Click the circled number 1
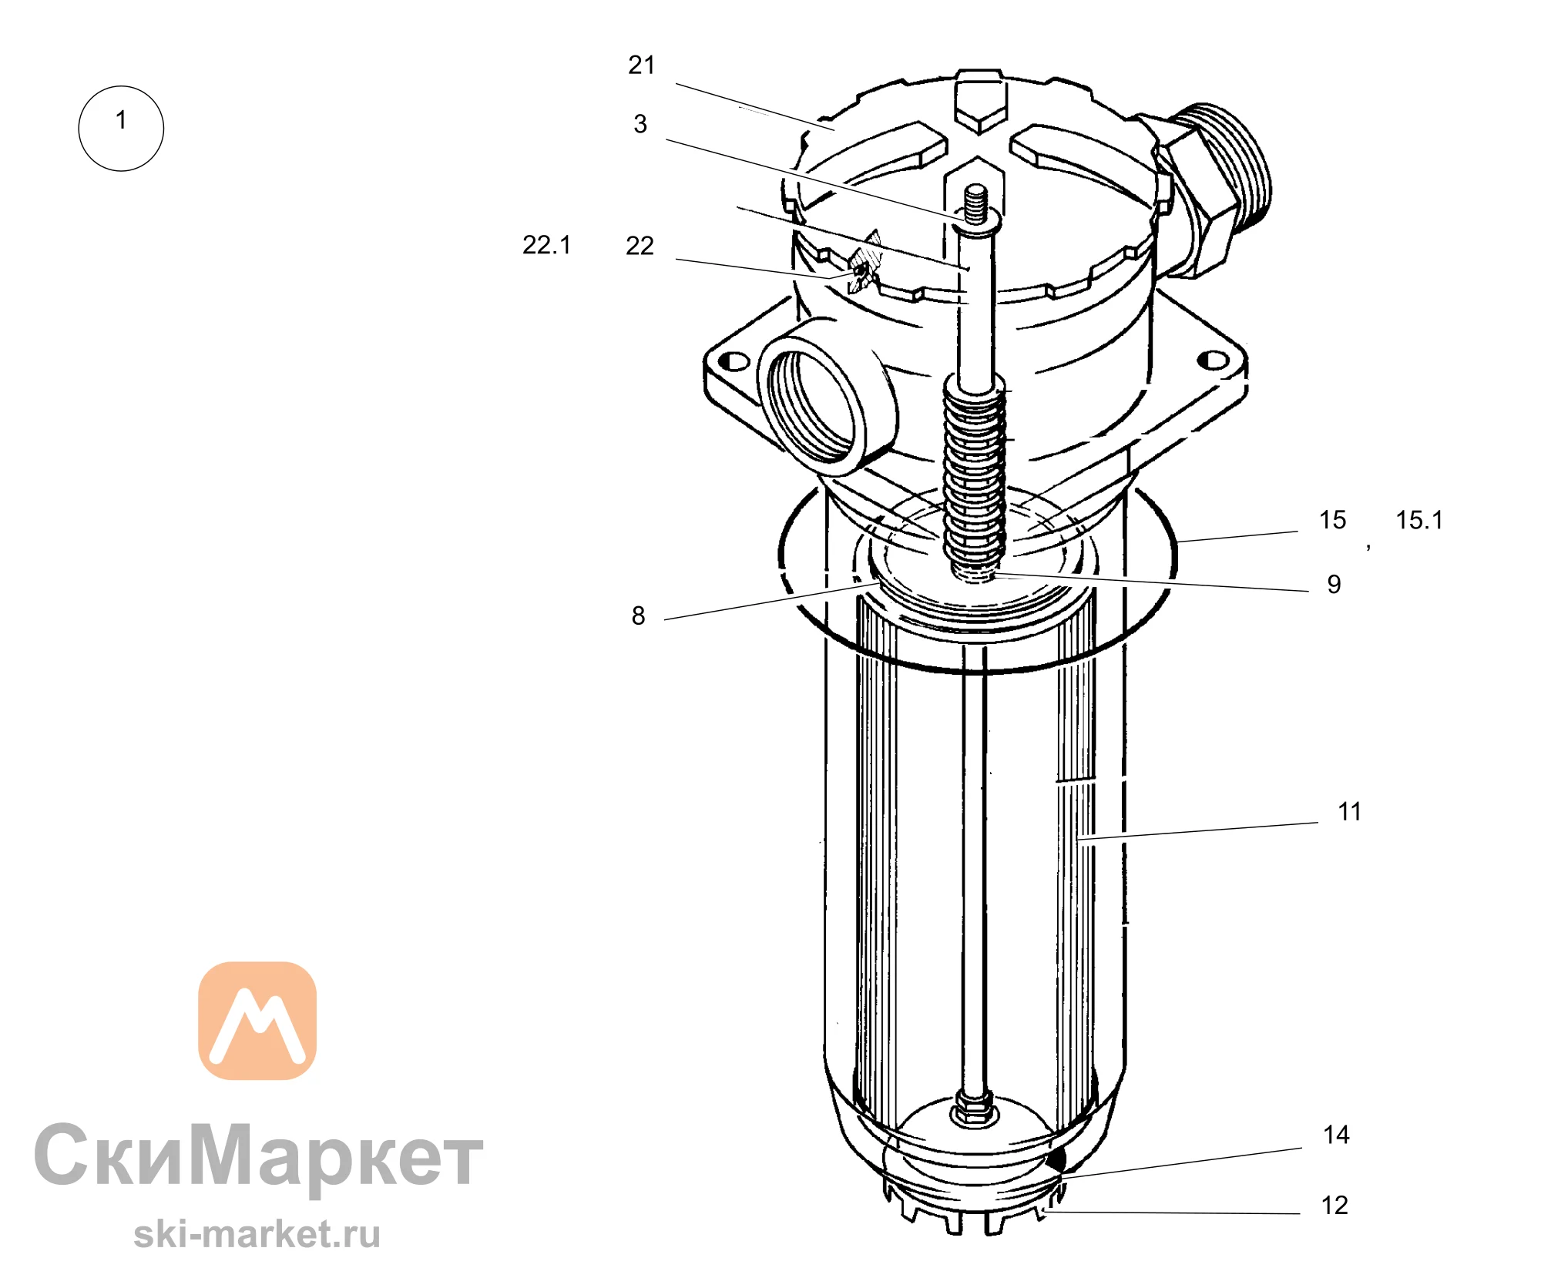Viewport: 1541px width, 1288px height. pos(121,128)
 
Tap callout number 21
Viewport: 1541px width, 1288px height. pos(641,65)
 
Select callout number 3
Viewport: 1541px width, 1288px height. pos(640,123)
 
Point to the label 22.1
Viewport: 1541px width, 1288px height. pos(546,245)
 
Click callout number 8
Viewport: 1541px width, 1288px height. pos(638,615)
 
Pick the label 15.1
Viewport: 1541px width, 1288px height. pos(1419,520)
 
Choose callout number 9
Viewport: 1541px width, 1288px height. pos(1334,584)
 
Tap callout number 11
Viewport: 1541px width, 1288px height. pos(1349,811)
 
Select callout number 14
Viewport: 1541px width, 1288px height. pos(1336,1135)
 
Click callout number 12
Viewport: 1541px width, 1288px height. pos(1335,1205)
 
